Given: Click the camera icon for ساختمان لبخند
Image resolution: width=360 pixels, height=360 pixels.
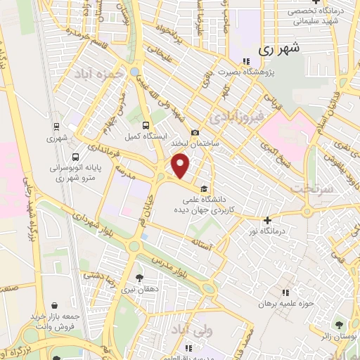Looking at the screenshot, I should coord(195,133).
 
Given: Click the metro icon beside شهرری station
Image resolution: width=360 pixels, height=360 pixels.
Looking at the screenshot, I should coord(56,127).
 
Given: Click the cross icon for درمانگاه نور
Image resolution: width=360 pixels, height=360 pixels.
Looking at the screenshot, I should coord(267,220).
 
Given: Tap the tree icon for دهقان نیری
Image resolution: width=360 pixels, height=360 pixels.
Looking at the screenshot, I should coord(139,278).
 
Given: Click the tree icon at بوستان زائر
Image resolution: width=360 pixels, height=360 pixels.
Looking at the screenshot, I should coord(340,324).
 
